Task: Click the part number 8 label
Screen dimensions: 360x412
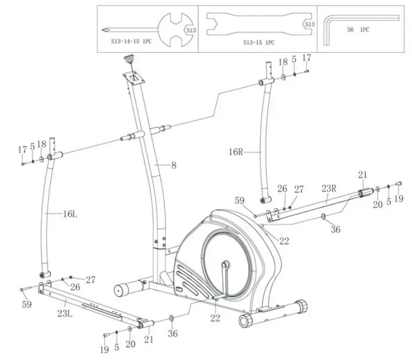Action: (174, 166)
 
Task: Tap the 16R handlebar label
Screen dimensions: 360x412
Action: (234, 152)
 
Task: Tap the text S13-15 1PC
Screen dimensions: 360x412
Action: (258, 42)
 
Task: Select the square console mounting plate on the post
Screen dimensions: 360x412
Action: (132, 77)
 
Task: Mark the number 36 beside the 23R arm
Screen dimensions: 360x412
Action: (336, 230)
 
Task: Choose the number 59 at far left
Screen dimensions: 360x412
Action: (26, 304)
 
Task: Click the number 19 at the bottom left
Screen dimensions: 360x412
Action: (104, 349)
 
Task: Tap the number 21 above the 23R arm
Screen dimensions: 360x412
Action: (363, 175)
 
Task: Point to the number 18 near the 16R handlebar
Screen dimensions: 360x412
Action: (283, 62)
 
